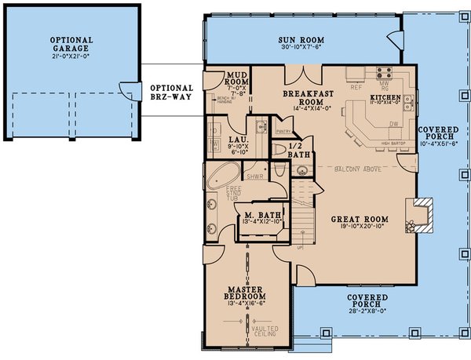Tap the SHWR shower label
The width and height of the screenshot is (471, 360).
(252, 176)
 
